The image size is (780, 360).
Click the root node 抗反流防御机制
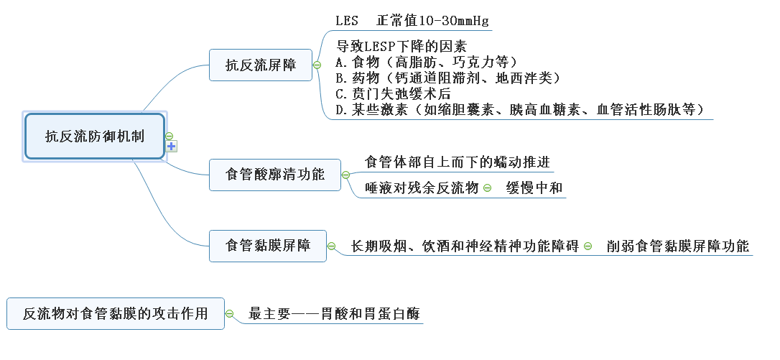tap(95, 136)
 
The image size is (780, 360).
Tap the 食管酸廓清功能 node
tap(274, 175)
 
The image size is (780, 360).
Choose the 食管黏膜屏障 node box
tap(268, 246)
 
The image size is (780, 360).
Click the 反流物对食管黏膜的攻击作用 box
tap(115, 314)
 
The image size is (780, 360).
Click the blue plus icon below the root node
tap(172, 147)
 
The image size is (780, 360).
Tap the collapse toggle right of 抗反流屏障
tap(317, 65)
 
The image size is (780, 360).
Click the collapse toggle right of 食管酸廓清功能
tap(345, 175)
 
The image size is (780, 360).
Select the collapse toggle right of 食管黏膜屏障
tap(331, 246)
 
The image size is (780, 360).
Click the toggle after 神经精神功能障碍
tap(588, 246)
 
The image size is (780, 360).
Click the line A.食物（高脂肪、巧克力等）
tap(426, 61)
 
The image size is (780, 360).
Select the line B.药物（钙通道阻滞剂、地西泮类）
tap(447, 77)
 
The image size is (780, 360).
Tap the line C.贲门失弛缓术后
tap(393, 93)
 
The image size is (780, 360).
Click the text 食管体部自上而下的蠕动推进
tap(458, 162)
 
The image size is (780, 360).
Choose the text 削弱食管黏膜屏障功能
tap(677, 246)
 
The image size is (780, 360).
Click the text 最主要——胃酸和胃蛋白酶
tap(334, 314)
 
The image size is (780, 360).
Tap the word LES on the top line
tap(347, 20)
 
